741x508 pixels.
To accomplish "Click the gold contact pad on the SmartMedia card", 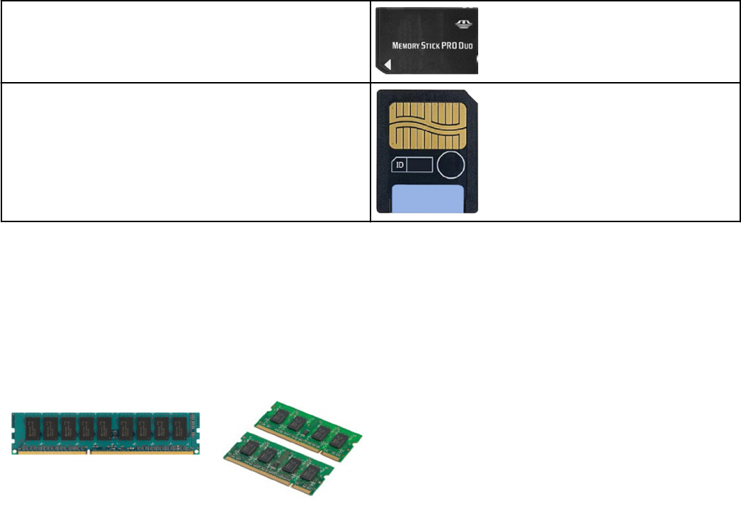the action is [427, 122].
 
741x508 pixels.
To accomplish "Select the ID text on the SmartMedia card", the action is [400, 165].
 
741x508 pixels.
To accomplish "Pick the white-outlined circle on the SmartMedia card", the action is [451, 165].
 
